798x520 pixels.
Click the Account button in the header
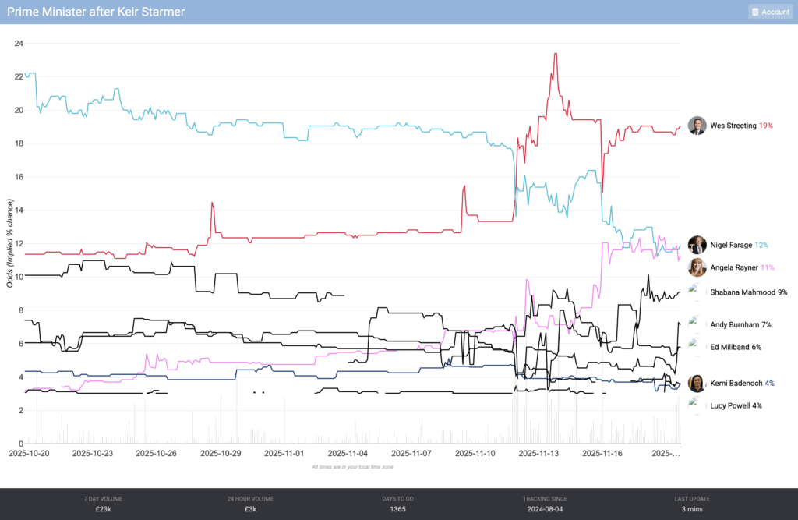coord(770,12)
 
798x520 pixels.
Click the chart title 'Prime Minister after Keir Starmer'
coord(96,12)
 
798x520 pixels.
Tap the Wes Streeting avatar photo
coord(697,126)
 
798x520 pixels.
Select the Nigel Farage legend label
coord(731,245)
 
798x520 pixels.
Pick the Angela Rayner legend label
coord(733,267)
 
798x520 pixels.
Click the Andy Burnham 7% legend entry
coord(740,324)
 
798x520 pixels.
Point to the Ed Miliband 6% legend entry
coord(735,347)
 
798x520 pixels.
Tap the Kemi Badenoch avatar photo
coord(697,383)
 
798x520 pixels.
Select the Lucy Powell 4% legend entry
coord(736,405)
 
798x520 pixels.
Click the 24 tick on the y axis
coord(19,44)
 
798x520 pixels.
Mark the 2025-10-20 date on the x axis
coord(29,452)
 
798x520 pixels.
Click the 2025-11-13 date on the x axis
coord(539,452)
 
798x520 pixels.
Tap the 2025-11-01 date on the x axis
coord(284,452)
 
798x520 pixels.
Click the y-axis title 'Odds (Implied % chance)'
coord(10,242)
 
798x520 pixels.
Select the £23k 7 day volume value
coord(103,509)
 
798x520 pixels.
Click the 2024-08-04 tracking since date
coord(545,509)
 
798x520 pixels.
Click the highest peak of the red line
coord(554,54)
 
